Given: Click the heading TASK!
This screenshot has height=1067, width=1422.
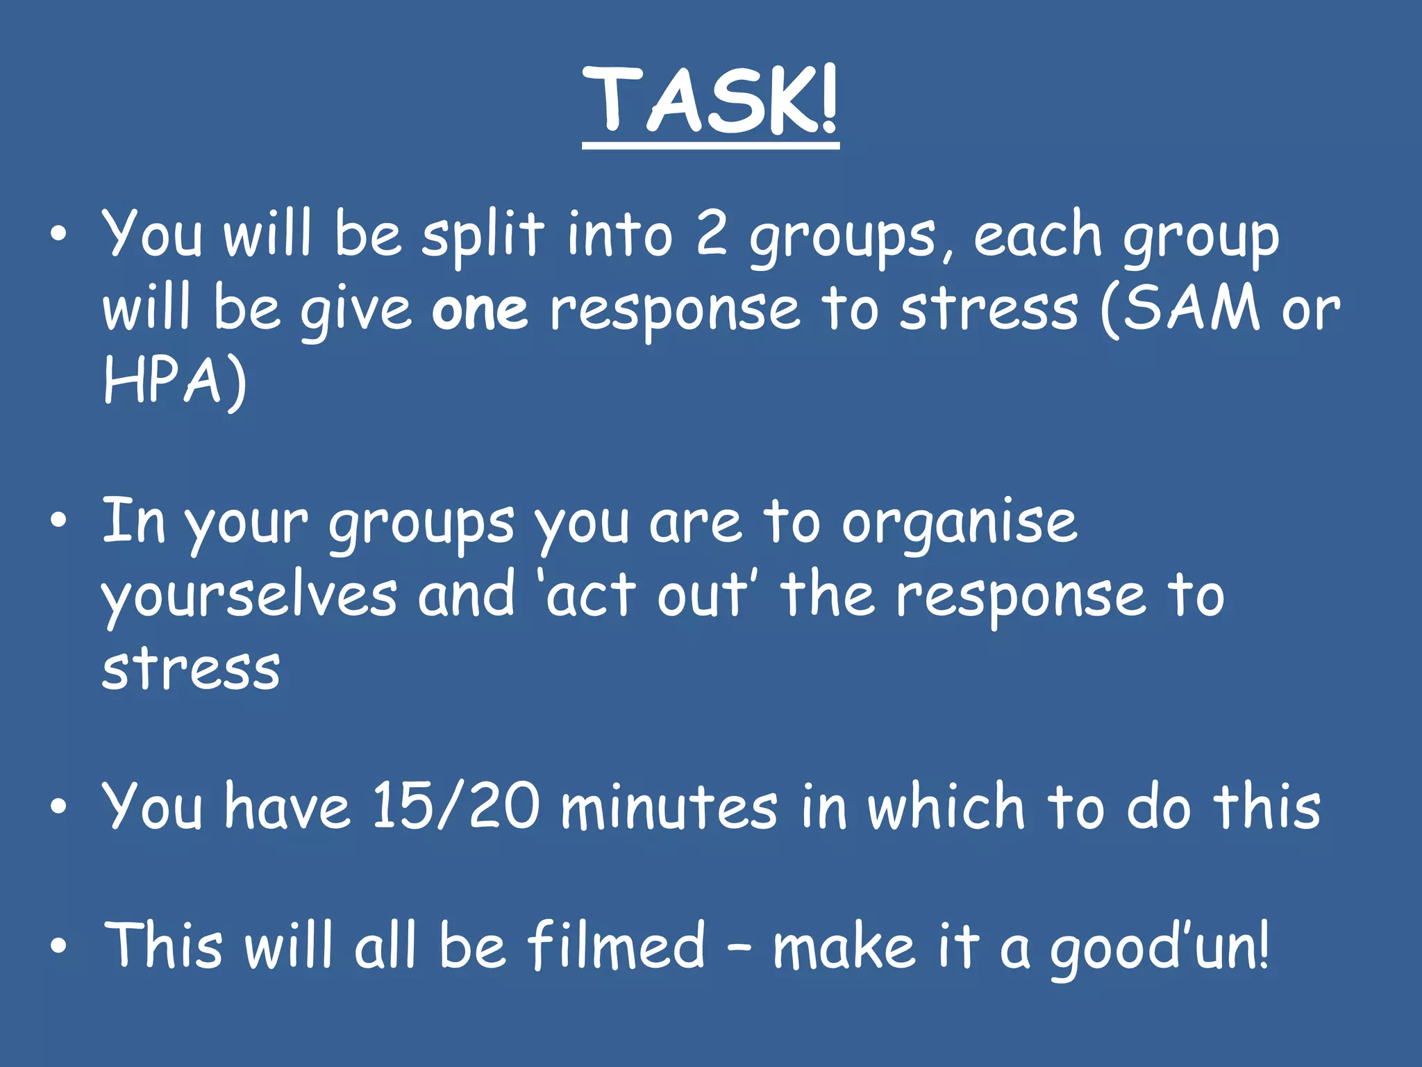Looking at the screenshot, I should click(710, 101).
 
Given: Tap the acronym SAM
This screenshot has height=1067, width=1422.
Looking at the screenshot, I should click(1191, 308).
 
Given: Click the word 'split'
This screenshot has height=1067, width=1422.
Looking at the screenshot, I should click(483, 235).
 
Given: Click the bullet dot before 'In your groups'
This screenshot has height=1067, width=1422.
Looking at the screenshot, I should click(59, 520).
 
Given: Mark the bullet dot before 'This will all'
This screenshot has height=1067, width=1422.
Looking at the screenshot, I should click(59, 945).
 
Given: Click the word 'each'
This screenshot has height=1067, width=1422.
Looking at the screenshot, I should click(1037, 235).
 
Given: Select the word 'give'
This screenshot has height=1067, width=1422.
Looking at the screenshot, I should click(356, 311).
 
